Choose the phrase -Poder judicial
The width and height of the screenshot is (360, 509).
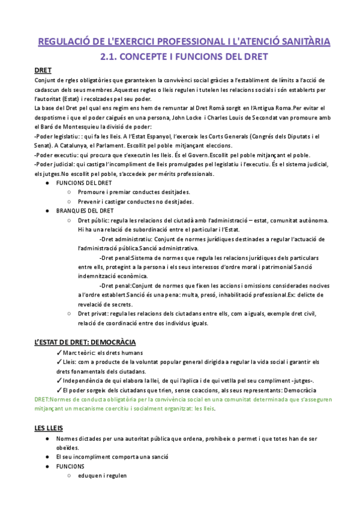pyautogui.click(x=55, y=164)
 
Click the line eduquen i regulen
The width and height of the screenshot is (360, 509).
pyautogui.click(x=102, y=475)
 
